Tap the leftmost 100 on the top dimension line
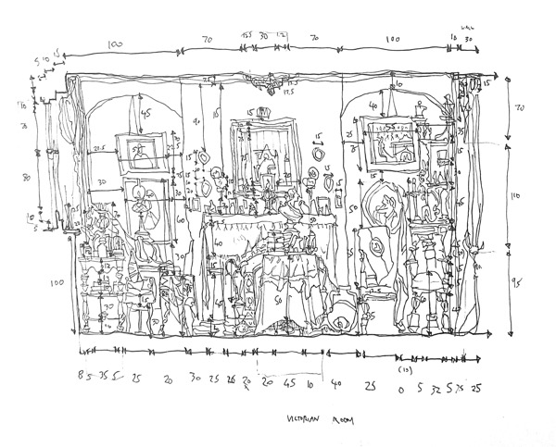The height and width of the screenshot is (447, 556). (115, 43)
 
